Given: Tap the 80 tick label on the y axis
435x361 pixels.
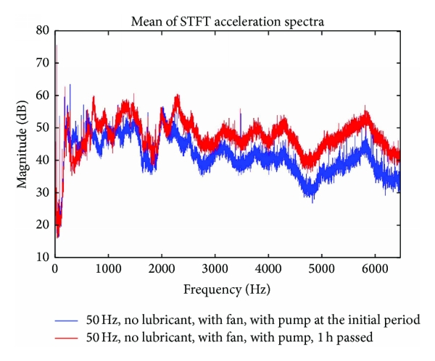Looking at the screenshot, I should (43, 30).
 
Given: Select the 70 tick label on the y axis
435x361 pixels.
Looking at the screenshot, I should (43, 63).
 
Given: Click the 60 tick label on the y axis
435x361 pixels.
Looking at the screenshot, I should (43, 95).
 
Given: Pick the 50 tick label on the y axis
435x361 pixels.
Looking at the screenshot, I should (43, 127).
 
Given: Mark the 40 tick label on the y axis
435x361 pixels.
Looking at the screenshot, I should (43, 160).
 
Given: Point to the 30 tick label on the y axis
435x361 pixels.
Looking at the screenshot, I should (43, 192).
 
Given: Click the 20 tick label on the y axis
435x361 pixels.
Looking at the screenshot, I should (43, 224).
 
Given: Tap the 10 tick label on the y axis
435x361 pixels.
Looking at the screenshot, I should (43, 257).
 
